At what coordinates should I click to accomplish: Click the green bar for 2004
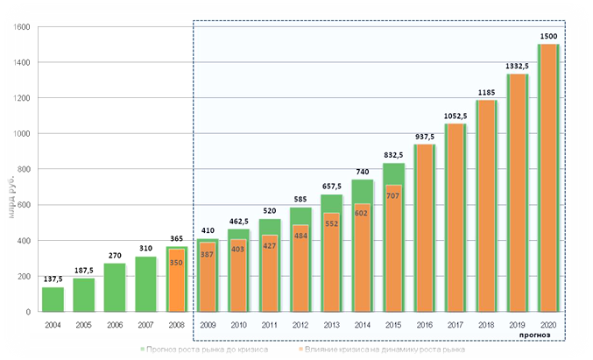click(53, 300)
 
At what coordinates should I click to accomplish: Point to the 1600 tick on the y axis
click(23, 27)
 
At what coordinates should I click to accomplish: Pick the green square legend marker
click(141, 349)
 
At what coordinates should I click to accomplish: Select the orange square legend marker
click(302, 349)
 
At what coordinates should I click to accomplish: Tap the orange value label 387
click(207, 254)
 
